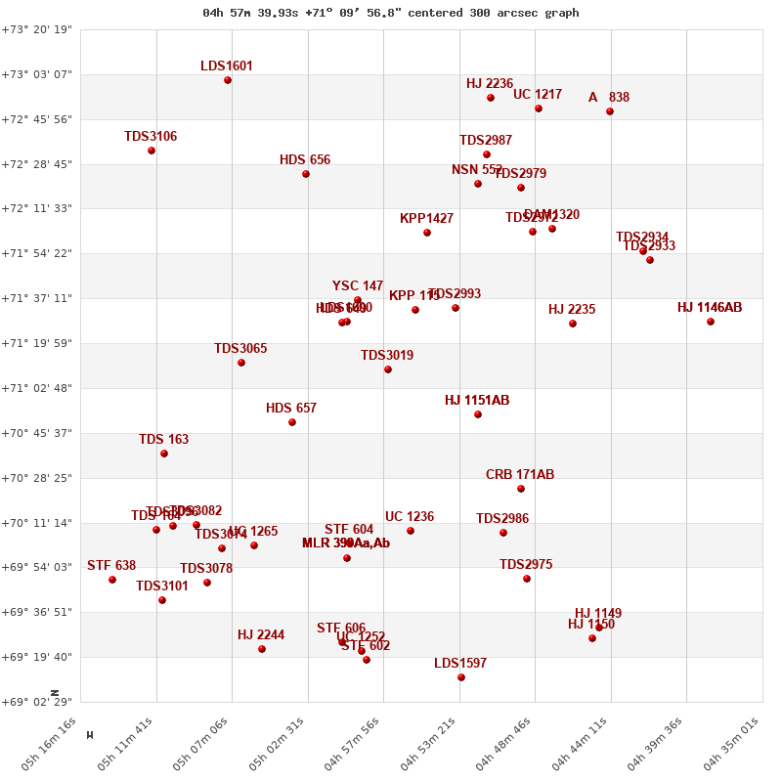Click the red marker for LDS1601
228,80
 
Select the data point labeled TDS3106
152,151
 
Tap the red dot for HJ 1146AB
711,322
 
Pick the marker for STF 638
112,580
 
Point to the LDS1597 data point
461,677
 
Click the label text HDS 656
305,160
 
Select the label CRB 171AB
520,475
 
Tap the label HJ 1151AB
477,401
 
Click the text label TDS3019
387,356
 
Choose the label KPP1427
426,219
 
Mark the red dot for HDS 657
292,422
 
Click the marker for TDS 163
164,454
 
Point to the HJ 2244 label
261,635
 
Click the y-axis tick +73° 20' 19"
37,30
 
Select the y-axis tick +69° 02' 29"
37,702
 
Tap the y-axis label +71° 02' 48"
37,388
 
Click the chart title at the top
391,13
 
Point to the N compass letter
55,693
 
